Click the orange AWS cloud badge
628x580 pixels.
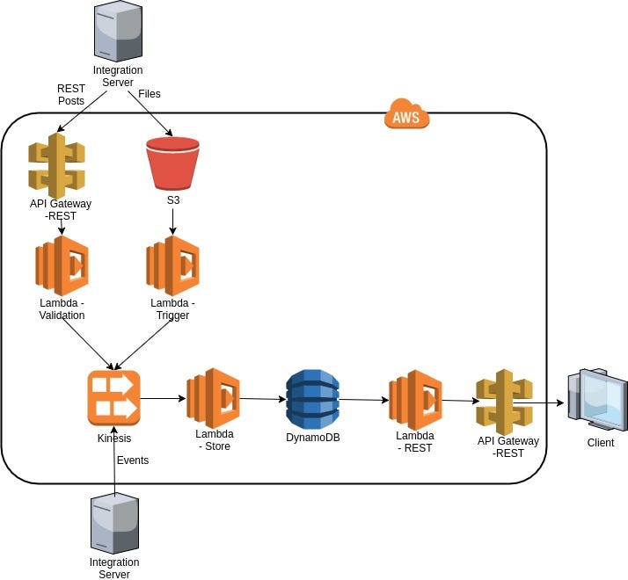click(x=406, y=114)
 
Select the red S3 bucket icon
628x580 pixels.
click(x=172, y=163)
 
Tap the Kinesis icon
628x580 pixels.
click(x=113, y=398)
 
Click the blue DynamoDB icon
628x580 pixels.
click(x=312, y=399)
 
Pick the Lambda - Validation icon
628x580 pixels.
click(x=62, y=265)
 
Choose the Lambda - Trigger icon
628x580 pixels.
click(x=172, y=265)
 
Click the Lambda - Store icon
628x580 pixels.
click(x=213, y=398)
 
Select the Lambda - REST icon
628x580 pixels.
click(x=415, y=400)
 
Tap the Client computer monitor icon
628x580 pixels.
click(x=598, y=400)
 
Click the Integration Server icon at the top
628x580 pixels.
click(x=117, y=32)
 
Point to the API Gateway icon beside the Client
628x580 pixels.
click(x=504, y=401)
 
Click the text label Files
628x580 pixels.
click(x=150, y=93)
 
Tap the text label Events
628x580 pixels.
click(x=133, y=460)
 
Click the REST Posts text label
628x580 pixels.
click(x=70, y=95)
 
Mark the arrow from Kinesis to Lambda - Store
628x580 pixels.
click(x=163, y=398)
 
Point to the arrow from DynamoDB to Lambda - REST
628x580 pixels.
click(x=363, y=400)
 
